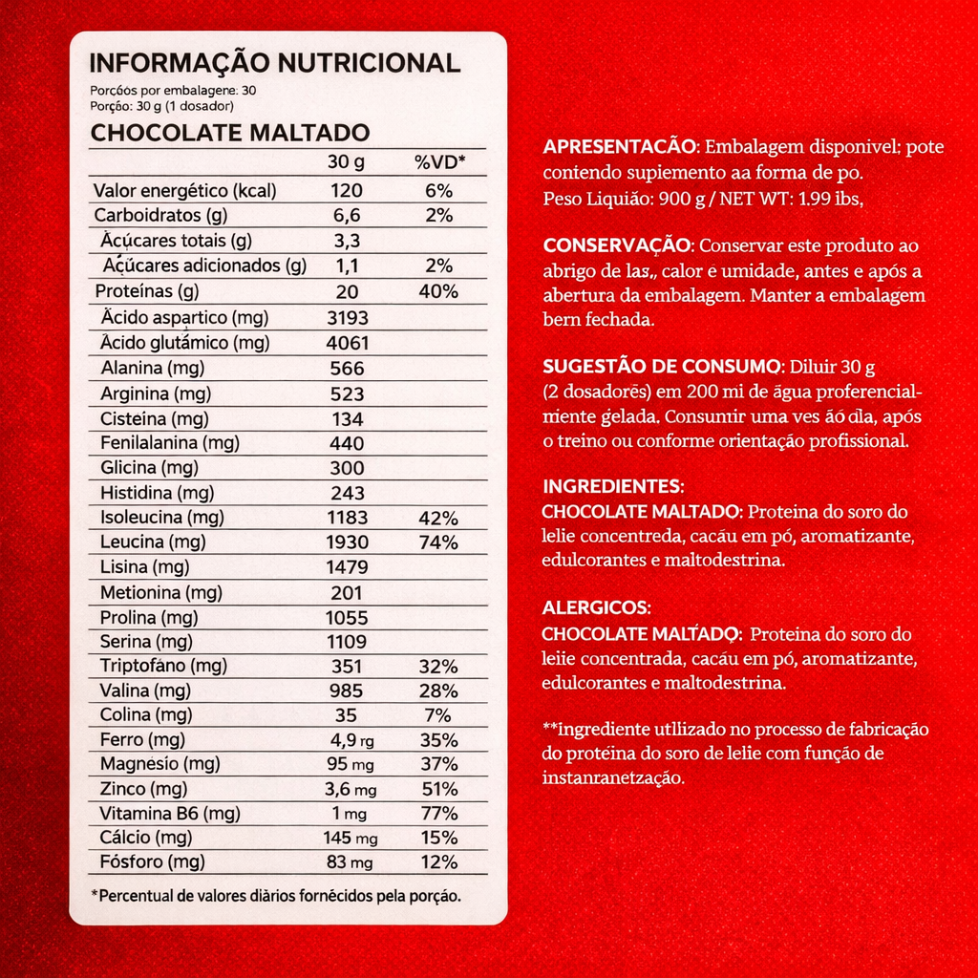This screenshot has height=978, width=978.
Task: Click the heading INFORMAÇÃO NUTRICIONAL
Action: click(x=274, y=63)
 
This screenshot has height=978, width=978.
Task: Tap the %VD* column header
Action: click(x=439, y=161)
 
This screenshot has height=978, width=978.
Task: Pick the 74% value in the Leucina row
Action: click(x=439, y=542)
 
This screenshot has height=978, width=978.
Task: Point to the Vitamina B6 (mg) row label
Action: click(x=169, y=814)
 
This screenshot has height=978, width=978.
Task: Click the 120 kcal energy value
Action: click(x=346, y=190)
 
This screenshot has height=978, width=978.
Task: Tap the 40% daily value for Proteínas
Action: click(x=439, y=291)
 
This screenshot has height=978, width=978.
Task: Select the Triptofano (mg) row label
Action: click(x=162, y=666)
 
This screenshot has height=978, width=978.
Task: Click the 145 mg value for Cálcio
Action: click(x=350, y=838)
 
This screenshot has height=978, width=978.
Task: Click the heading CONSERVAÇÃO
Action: click(x=615, y=245)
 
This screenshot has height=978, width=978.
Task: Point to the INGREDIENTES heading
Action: click(x=612, y=485)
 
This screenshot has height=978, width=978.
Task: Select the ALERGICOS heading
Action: click(x=597, y=607)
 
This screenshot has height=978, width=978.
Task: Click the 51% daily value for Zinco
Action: click(x=439, y=789)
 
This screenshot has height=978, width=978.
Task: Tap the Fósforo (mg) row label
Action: click(x=152, y=862)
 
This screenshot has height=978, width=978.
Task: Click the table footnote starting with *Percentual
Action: click(x=276, y=896)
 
